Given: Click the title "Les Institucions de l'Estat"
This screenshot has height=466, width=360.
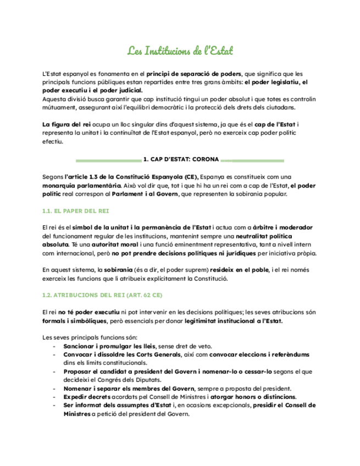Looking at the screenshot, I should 180,52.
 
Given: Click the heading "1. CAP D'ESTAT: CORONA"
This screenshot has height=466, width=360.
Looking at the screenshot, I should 180,160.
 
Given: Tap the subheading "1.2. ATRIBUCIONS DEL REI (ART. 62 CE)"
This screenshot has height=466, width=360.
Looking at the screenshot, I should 102,295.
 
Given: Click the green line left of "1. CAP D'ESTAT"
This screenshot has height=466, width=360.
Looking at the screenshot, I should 108,160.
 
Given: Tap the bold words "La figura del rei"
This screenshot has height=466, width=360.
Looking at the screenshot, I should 63,125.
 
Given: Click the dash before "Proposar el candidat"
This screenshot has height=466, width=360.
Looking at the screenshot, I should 53,371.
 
